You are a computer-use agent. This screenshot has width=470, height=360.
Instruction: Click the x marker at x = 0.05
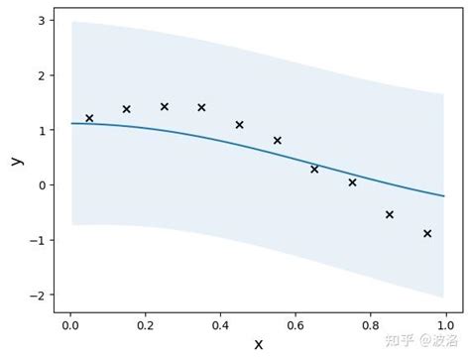(x=89, y=118)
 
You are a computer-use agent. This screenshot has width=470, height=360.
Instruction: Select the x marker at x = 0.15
(x=127, y=109)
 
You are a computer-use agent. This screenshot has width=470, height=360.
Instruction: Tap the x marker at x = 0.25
(x=165, y=106)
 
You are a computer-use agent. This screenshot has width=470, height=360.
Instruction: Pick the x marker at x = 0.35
(x=201, y=107)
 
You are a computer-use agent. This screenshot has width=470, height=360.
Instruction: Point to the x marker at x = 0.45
(x=239, y=125)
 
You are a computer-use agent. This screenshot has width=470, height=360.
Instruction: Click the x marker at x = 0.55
(x=277, y=140)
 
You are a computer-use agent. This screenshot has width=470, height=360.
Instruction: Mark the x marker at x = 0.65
(x=314, y=169)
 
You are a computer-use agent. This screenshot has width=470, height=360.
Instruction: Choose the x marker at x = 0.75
(x=352, y=182)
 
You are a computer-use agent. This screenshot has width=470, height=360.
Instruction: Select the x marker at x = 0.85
(x=390, y=214)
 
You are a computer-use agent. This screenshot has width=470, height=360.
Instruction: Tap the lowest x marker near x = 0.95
(x=427, y=233)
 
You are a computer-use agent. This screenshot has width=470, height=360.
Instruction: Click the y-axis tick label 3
(x=41, y=20)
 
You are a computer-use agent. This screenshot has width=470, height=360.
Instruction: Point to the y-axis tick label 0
(x=41, y=184)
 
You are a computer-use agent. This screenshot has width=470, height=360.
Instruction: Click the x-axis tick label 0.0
(x=69, y=323)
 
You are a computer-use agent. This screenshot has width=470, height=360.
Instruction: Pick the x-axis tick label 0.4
(x=220, y=323)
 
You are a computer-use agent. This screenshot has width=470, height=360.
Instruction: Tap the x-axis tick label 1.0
(x=445, y=323)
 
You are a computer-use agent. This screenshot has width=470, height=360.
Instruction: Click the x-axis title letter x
(x=259, y=344)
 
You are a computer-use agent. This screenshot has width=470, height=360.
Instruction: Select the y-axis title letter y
(x=15, y=159)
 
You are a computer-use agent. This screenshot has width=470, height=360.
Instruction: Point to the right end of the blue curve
(x=445, y=196)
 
